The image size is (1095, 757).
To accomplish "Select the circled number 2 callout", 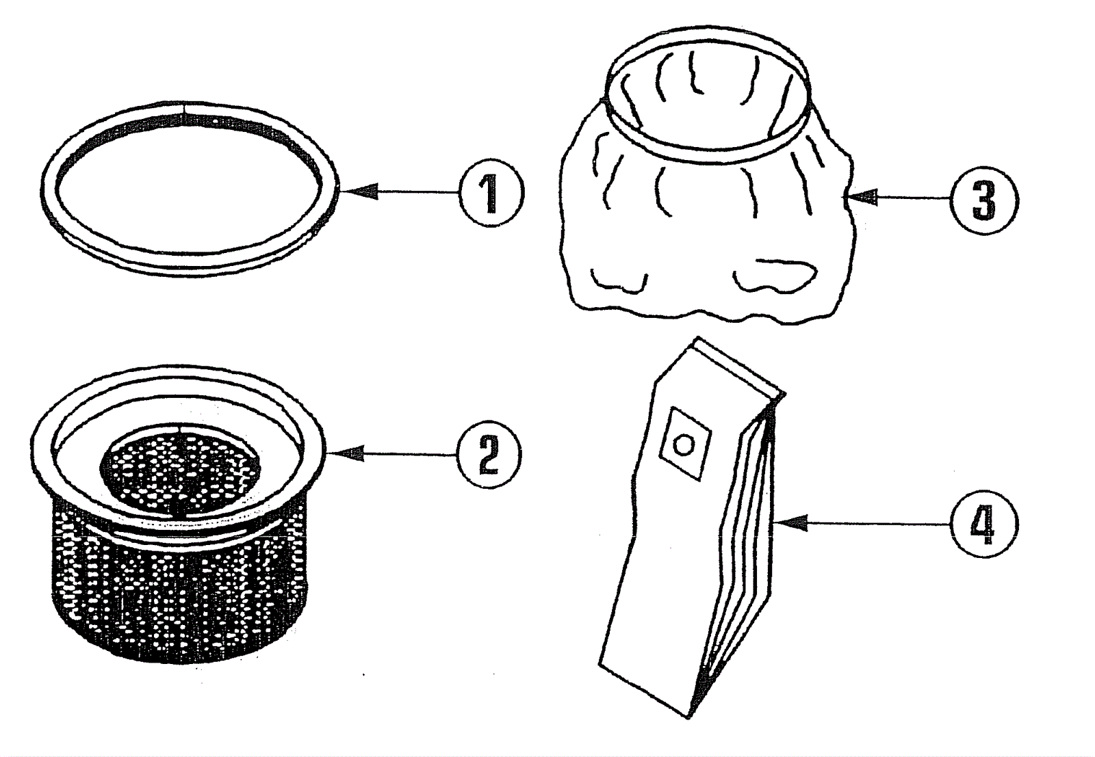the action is [489, 454].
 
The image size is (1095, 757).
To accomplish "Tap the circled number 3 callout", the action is [984, 200].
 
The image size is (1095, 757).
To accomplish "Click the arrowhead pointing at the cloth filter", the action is [864, 198].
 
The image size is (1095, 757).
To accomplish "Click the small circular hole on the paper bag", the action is [683, 445].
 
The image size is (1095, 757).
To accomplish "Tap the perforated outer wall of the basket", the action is [178, 602].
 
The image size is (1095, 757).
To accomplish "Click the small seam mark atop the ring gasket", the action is [183, 107].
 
